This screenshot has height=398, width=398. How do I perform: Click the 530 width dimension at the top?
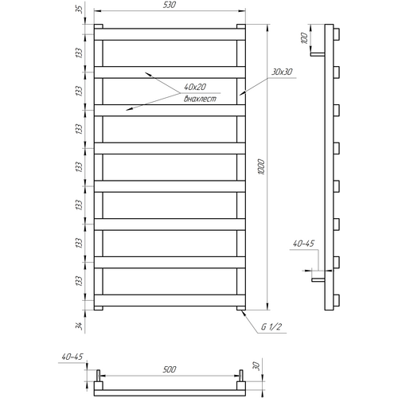(x=170, y=5)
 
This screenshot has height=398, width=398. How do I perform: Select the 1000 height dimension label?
(x=261, y=166)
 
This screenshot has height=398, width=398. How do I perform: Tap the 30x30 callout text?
(x=282, y=72)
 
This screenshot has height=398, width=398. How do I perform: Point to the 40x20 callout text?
(x=195, y=87)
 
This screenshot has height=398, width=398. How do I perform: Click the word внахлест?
(x=200, y=99)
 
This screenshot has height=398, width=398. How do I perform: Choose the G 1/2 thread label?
(x=271, y=327)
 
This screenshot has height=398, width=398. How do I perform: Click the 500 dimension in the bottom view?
(x=170, y=369)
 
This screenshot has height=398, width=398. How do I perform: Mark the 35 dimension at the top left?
(x=80, y=10)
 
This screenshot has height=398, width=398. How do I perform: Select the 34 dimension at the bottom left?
(x=79, y=326)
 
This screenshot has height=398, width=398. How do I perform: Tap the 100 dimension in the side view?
(x=305, y=38)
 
